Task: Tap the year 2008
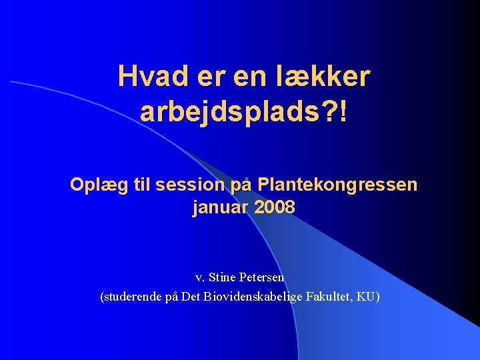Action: [275, 208]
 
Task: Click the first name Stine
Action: [223, 277]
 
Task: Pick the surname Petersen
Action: [262, 277]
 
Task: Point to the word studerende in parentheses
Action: [131, 297]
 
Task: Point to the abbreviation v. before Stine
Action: [199, 277]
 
